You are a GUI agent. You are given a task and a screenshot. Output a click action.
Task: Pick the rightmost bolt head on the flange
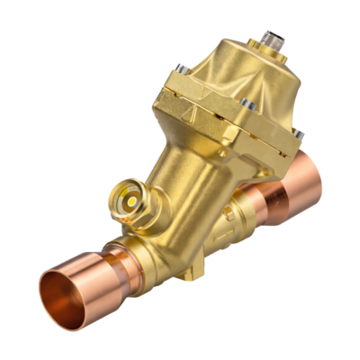pyautogui.click(x=298, y=135)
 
